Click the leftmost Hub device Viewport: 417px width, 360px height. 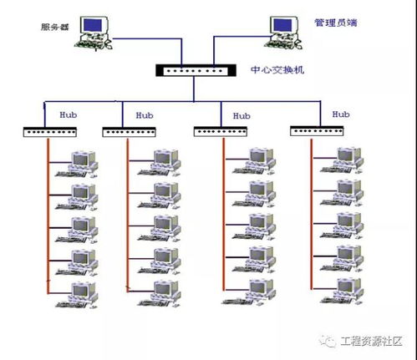pyautogui.click(x=49, y=132)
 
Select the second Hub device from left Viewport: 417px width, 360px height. pyautogui.click(x=129, y=132)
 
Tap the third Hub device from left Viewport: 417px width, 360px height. pyautogui.click(x=221, y=132)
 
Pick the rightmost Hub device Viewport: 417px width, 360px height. pyautogui.click(x=318, y=131)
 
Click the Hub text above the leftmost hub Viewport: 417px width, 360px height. pyautogui.click(x=69, y=111)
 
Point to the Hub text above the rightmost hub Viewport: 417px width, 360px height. pyautogui.click(x=341, y=113)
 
